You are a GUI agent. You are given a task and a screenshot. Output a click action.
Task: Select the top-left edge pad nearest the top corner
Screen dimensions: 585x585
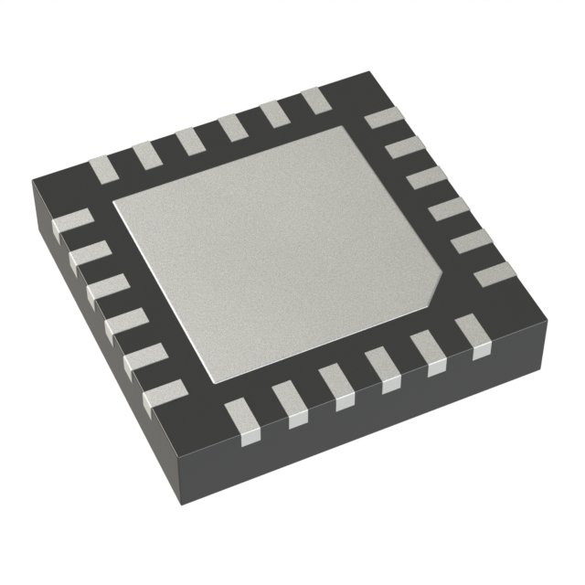(314, 101)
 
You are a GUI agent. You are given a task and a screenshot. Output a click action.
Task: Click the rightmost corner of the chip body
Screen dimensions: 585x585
(546, 274)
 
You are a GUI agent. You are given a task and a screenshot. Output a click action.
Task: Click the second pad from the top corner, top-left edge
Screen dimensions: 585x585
(272, 114)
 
